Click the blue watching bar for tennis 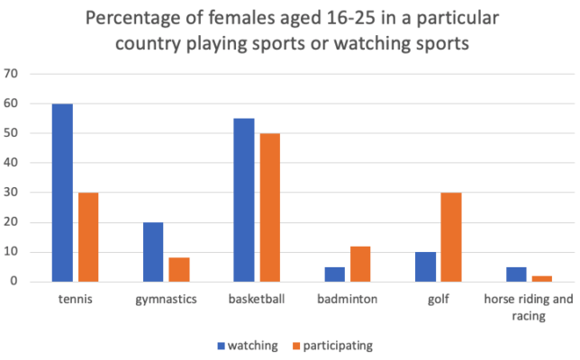click(62, 193)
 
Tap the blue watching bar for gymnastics click(153, 252)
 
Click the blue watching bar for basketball click(243, 200)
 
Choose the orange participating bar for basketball click(270, 208)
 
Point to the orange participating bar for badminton click(360, 264)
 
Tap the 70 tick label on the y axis click(13, 74)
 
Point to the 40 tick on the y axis click(13, 163)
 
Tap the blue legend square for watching click(219, 345)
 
